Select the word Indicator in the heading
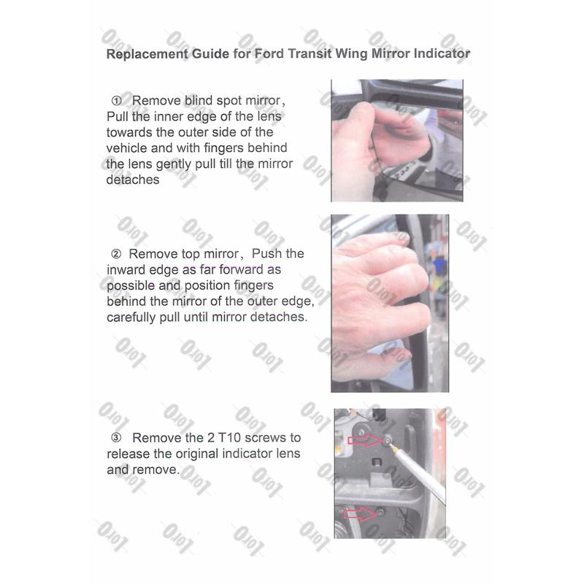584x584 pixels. (442, 53)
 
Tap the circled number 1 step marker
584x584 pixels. (117, 101)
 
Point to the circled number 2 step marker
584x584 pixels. (116, 254)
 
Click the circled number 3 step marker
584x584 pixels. (116, 437)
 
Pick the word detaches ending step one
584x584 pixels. (133, 180)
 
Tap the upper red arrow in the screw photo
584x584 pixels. (365, 440)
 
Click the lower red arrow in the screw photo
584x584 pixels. (360, 514)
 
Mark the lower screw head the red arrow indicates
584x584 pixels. (380, 512)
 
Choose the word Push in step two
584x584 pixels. (266, 253)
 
